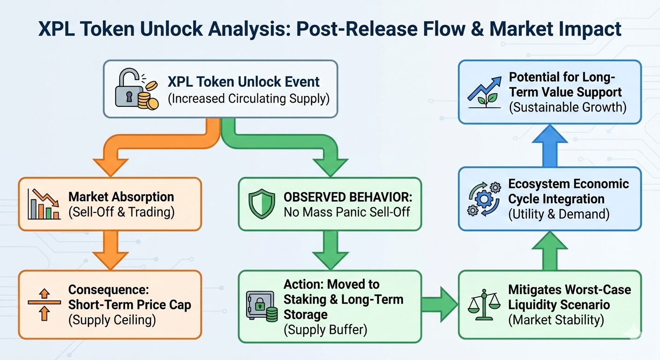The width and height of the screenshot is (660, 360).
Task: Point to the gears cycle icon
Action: (483, 199)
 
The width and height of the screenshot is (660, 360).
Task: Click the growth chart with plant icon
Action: (484, 92)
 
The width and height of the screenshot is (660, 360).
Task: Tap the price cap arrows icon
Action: (43, 305)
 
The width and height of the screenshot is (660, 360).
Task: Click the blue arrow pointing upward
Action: (549, 145)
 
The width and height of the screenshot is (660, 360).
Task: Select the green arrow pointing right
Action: (439, 305)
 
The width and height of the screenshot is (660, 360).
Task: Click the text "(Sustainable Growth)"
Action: (567, 107)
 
